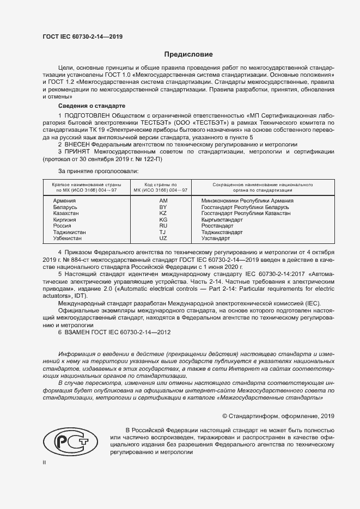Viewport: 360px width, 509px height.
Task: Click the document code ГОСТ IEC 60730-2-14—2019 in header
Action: pos(82,36)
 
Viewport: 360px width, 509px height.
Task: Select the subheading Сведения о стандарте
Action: pos(91,105)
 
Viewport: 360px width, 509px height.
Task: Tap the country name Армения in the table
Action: pos(64,201)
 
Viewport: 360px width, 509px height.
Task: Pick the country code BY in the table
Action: pos(162,207)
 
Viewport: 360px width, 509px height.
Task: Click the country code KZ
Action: pos(162,213)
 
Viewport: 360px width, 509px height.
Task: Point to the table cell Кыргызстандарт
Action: pos(222,220)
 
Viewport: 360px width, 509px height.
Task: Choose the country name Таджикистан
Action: pos(69,232)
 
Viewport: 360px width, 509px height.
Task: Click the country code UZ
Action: pos(162,238)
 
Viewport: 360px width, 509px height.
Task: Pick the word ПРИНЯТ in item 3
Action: pos(80,152)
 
